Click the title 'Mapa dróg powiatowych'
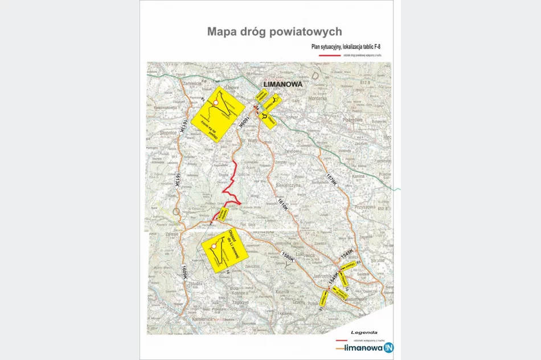point(274,31)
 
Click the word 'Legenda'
point(364,332)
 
